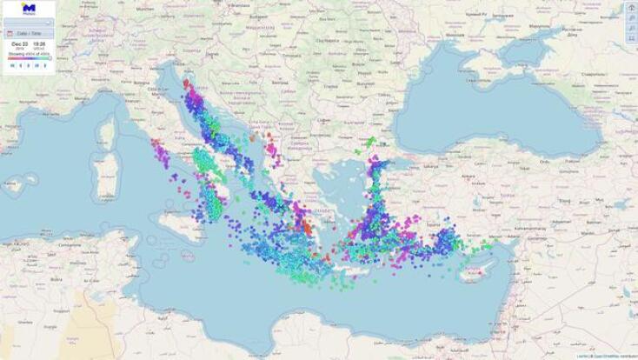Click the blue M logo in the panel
click(28, 8)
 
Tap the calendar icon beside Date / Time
click(9, 33)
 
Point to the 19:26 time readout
click(39, 43)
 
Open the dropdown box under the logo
click(28, 22)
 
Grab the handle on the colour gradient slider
click(50, 58)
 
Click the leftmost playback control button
click(12, 65)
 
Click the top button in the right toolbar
click(631, 7)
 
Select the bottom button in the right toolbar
click(631, 38)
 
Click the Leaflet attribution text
click(581, 357)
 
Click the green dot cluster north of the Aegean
click(369, 143)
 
